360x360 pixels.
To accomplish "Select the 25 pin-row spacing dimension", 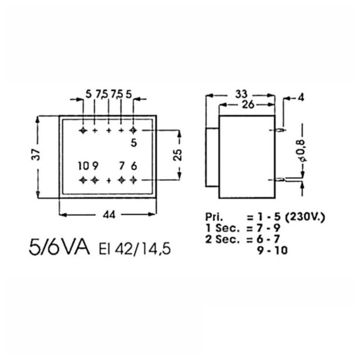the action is pos(177,155).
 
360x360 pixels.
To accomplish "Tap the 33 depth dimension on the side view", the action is pos(241,94).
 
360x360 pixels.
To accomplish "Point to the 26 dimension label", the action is pos(248,105).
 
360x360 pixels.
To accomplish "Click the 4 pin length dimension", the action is pos(301,98).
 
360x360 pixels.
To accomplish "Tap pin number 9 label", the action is pos(95,166).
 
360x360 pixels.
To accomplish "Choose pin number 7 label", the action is pos(122,166).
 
